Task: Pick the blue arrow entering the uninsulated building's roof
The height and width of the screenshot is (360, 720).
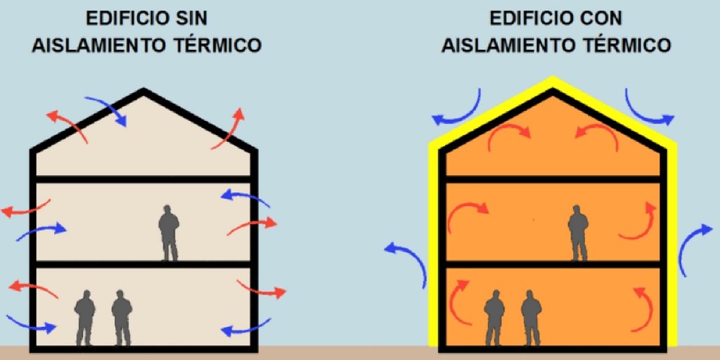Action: pos(107,110)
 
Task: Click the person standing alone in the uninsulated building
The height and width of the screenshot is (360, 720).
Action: pos(169,233)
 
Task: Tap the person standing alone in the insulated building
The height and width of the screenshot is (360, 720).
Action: pos(578,233)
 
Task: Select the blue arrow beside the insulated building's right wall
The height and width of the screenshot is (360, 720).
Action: pos(694,250)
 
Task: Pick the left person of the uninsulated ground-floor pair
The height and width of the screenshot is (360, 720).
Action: pos(84,318)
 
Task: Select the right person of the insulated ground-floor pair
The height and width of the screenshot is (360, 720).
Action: pos(532,318)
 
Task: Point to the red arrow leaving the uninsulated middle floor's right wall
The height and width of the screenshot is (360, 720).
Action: pos(252,226)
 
